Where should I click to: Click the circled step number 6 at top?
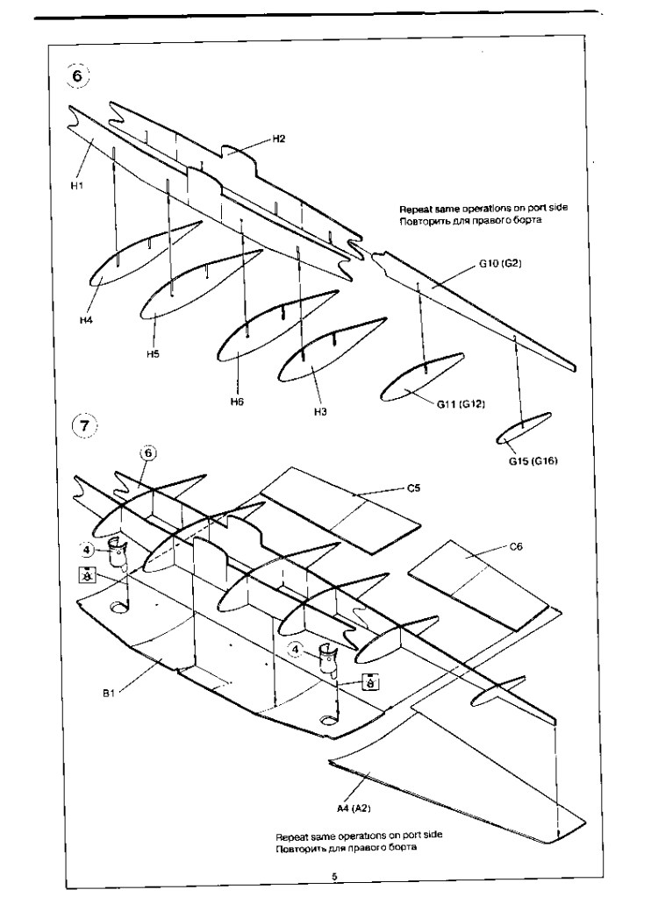click(78, 75)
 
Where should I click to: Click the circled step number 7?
click(84, 425)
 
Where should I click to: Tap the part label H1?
click(76, 185)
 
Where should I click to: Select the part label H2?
click(278, 139)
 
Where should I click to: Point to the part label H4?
click(86, 320)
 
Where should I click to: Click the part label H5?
click(153, 354)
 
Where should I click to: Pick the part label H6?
click(237, 402)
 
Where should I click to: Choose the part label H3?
click(320, 411)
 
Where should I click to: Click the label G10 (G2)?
click(500, 264)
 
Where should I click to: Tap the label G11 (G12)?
click(461, 404)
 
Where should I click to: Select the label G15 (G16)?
click(533, 461)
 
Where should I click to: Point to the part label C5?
click(413, 488)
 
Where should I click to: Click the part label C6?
click(516, 547)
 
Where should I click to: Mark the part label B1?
click(110, 694)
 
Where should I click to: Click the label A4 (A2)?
click(354, 808)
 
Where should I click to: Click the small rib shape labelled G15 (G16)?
click(523, 428)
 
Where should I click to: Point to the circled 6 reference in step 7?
click(147, 453)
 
